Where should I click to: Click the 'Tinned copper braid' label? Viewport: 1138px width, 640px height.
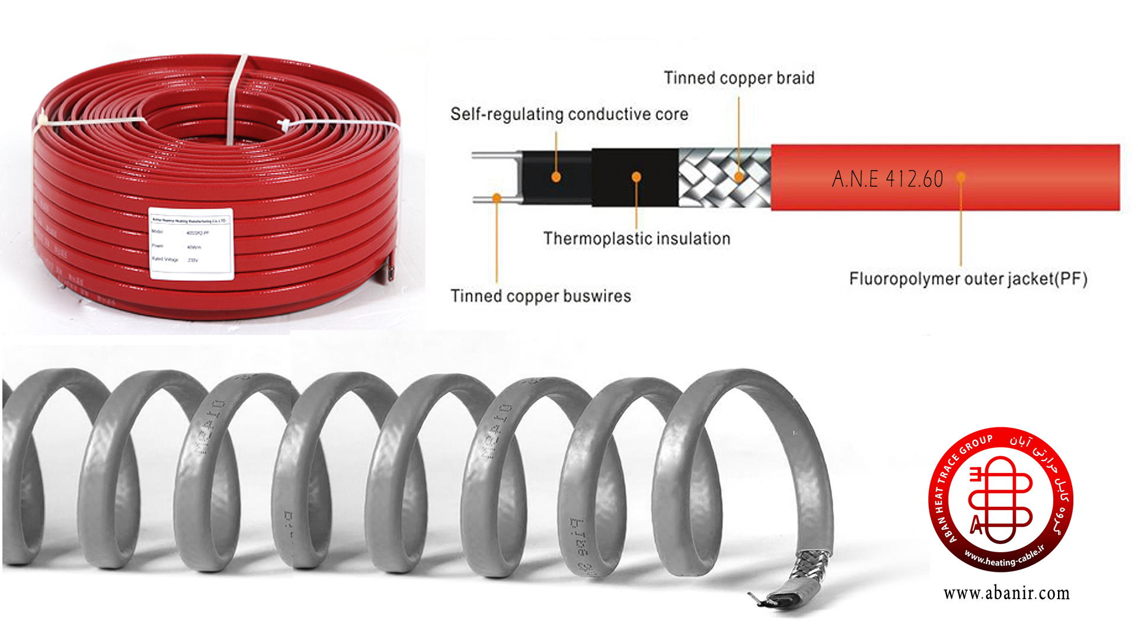739,78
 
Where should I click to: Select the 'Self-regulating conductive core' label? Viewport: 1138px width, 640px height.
569,114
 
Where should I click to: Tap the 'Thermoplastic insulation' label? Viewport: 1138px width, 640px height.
637,238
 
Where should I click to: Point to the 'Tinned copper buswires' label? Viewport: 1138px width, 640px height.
541,296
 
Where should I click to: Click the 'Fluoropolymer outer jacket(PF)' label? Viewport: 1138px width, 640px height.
968,279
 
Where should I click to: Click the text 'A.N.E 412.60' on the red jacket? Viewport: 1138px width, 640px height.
887,179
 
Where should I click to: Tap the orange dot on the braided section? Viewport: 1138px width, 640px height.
739,177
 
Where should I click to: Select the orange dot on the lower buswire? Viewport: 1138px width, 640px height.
497,198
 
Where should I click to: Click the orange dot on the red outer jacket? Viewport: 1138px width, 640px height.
961,177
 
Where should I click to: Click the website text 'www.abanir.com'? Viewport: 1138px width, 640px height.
1006,593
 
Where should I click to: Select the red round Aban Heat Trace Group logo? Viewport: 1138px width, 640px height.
1000,499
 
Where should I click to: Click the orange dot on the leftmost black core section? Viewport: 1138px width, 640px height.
556,177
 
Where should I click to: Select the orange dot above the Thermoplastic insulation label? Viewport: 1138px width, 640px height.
636,177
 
